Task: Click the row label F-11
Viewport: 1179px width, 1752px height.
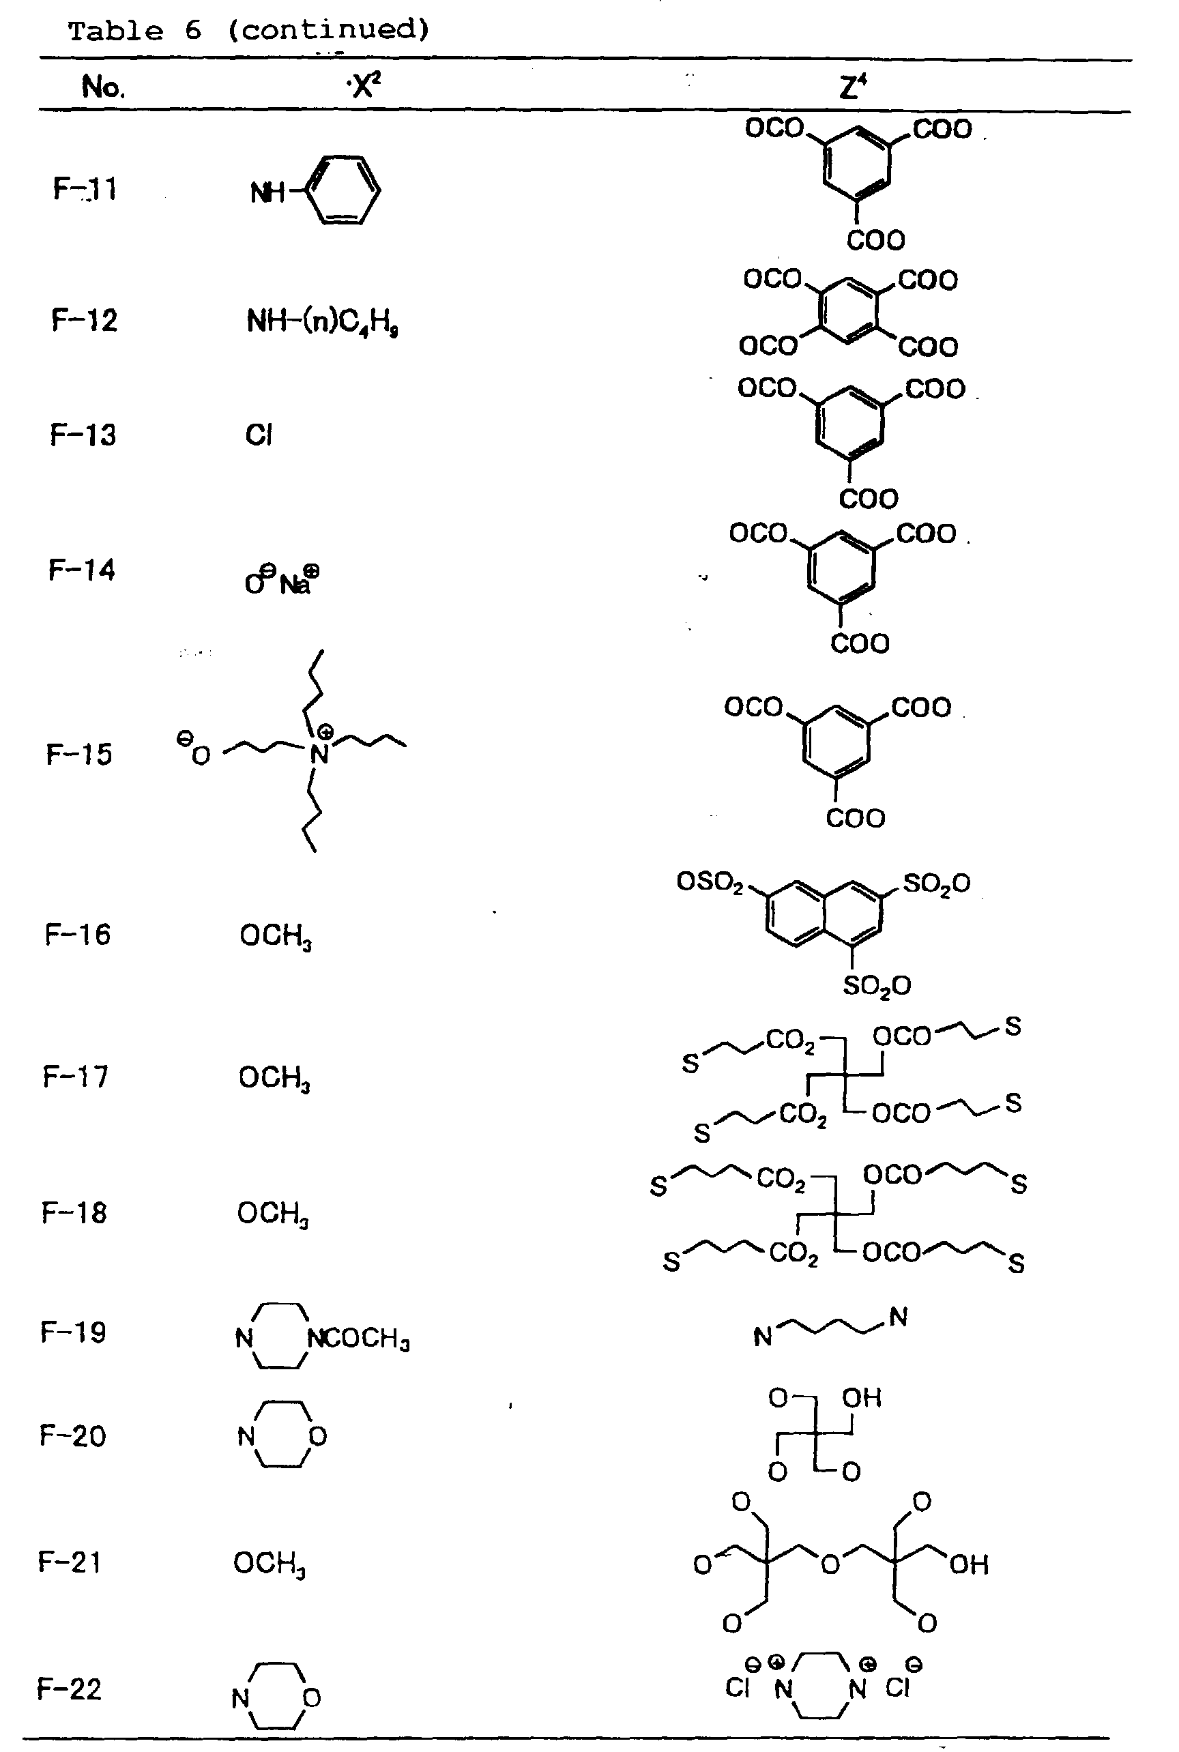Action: [85, 188]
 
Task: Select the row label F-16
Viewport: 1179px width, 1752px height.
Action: [78, 935]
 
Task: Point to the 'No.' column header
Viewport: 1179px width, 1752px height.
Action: [103, 87]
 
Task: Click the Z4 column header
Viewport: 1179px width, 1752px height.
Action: [853, 87]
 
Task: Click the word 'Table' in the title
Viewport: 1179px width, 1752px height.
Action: [116, 31]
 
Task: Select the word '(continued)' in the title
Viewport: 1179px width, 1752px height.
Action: [329, 30]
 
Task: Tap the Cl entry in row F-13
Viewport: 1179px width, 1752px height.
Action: [259, 435]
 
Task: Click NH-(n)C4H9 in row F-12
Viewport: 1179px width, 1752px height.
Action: [322, 323]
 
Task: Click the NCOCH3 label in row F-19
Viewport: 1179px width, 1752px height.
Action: [359, 1339]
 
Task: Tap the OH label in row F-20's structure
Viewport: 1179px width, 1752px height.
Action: [861, 1398]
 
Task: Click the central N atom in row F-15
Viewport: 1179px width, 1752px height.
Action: [319, 753]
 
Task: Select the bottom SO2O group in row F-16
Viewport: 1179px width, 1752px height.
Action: [877, 985]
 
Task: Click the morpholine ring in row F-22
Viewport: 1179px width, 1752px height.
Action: [277, 1696]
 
